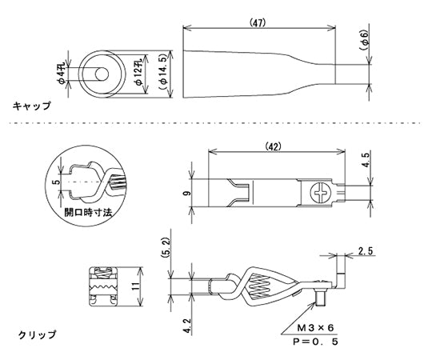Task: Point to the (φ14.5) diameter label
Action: [163, 70]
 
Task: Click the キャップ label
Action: [32, 106]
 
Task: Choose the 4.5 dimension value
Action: [366, 160]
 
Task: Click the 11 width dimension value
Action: [136, 285]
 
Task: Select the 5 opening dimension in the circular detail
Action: [54, 182]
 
